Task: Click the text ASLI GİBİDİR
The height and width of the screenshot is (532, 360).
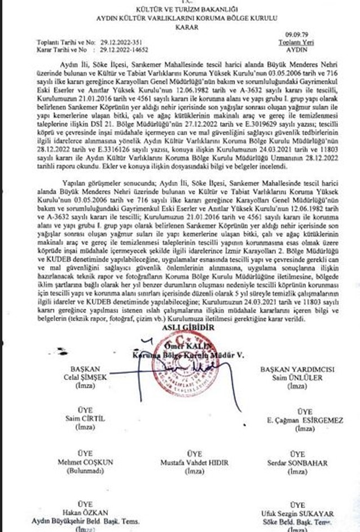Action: point(181,327)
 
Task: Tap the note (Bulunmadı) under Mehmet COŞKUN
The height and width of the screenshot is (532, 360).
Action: point(86,471)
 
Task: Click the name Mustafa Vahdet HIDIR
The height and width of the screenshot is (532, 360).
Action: point(195,463)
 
